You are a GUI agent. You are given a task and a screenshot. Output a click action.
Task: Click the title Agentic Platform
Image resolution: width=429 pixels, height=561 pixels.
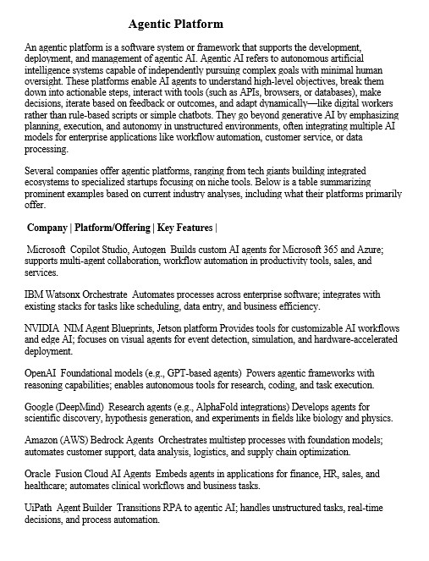tap(175, 25)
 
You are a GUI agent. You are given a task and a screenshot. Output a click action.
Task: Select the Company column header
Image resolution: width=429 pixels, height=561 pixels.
tap(47, 228)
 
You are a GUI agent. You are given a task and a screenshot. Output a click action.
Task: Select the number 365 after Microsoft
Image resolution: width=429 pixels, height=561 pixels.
tap(324, 251)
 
